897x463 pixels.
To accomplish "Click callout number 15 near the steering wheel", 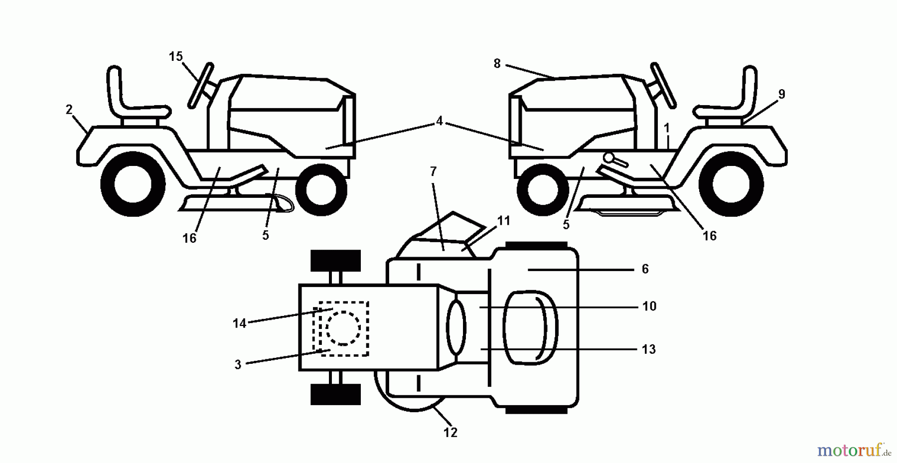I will (175, 57).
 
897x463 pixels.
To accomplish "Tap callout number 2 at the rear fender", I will (69, 110).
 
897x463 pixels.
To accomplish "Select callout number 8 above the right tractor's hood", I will (497, 64).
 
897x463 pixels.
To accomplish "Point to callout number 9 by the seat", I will (781, 94).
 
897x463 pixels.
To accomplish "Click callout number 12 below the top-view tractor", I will (450, 433).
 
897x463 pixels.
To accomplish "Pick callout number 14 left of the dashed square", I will (239, 323).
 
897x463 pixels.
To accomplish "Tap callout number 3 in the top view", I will (238, 365).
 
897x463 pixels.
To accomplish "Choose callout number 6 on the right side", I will (645, 269).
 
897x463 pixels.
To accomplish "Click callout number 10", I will (649, 306).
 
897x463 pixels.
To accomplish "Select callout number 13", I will (648, 349).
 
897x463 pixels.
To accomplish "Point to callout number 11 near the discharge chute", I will (504, 220).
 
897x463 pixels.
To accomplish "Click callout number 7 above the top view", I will (433, 172).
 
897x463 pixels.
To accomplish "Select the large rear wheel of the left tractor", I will (133, 184).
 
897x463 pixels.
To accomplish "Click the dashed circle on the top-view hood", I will (343, 328).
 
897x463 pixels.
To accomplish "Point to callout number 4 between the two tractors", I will (439, 121).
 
